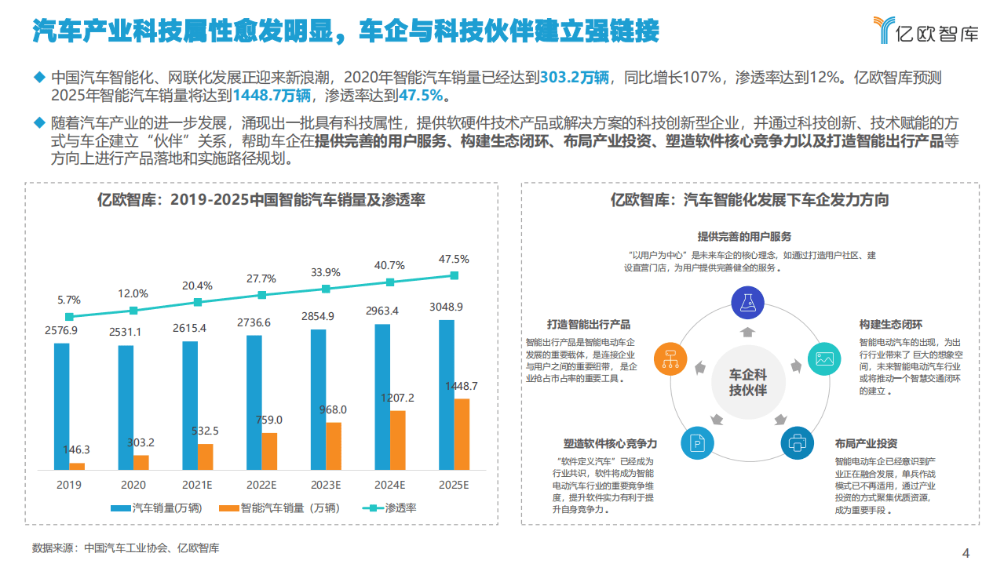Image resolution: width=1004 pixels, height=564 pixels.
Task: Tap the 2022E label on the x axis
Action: tap(261, 485)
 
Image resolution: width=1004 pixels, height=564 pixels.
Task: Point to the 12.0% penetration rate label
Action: tap(133, 293)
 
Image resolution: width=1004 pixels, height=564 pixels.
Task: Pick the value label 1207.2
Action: tap(397, 398)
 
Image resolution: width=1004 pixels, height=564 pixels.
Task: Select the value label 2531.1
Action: tap(126, 332)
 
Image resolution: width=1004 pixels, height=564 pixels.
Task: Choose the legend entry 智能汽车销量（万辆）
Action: tap(279, 508)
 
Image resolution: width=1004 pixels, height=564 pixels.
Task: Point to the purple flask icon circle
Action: tap(747, 303)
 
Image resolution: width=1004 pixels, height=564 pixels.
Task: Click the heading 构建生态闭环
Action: tap(890, 325)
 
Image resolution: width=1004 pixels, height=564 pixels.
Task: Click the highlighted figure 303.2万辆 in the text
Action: tap(575, 78)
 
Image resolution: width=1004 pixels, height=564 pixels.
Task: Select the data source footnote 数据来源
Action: tap(126, 548)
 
